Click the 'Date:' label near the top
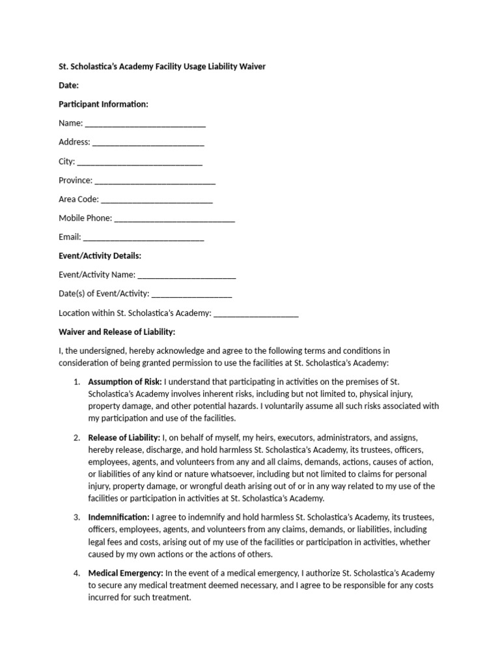(x=68, y=85)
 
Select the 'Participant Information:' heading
(x=104, y=104)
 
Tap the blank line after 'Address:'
(x=148, y=143)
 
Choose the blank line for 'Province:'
(x=155, y=180)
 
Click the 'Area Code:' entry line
(x=157, y=199)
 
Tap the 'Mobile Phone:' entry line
(x=174, y=218)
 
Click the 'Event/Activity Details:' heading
(x=100, y=256)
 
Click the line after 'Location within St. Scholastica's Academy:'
(x=256, y=313)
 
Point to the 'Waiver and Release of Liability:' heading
(x=117, y=332)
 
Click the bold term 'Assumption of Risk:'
(x=125, y=380)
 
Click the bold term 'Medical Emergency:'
(x=126, y=573)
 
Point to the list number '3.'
(x=76, y=517)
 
